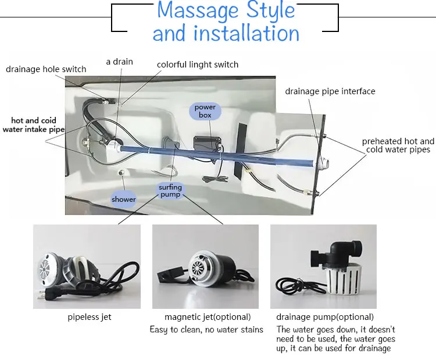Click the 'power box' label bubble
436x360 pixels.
[205, 111]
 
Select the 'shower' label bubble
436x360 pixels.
[124, 199]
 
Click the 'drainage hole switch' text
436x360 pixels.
[46, 69]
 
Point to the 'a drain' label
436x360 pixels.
[120, 61]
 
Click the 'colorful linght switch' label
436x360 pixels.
[198, 65]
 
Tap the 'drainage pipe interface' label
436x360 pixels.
[330, 91]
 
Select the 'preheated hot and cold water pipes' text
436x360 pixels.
[398, 145]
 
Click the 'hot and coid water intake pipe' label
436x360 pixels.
[33, 125]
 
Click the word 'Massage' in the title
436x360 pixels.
[198, 11]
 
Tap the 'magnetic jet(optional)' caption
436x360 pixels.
[208, 317]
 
